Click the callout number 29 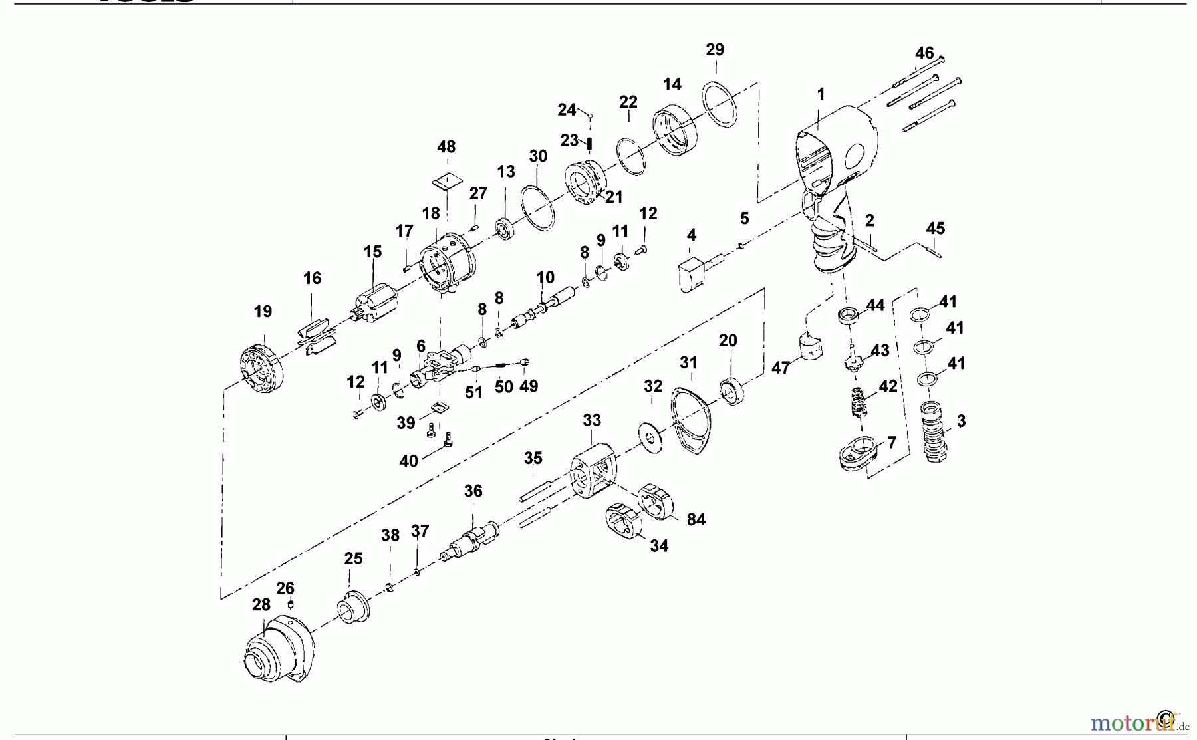(x=715, y=50)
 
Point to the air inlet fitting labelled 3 (x=935, y=432)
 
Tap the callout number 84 (x=696, y=519)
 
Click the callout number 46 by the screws (x=924, y=53)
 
